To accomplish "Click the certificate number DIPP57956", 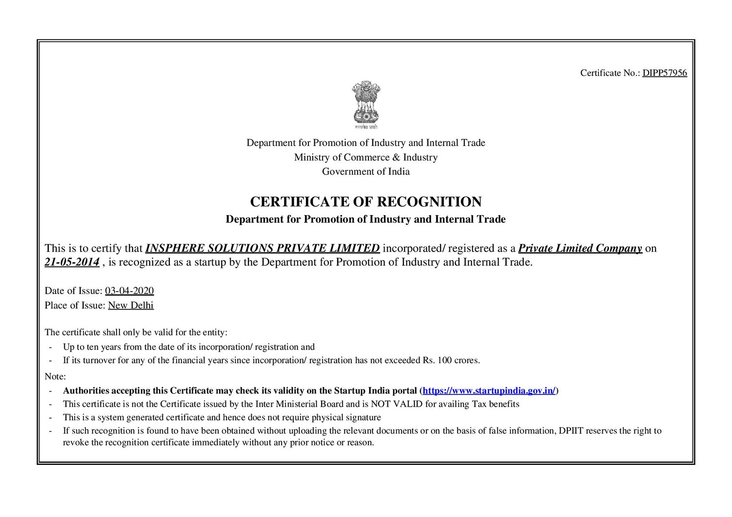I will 664,73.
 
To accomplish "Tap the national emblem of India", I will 366,105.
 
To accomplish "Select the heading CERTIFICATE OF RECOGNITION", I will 366,202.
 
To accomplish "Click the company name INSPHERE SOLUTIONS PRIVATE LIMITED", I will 263,248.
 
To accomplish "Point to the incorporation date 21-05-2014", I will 72,262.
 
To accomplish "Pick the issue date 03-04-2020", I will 129,291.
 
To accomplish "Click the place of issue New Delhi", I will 131,305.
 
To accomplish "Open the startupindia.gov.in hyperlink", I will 489,391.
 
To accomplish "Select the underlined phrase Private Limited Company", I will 580,248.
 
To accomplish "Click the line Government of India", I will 366,172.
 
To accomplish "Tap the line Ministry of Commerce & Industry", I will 366,158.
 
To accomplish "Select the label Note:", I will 55,377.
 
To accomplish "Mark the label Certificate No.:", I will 610,73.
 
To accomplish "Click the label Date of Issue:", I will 74,291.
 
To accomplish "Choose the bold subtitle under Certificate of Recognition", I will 366,219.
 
